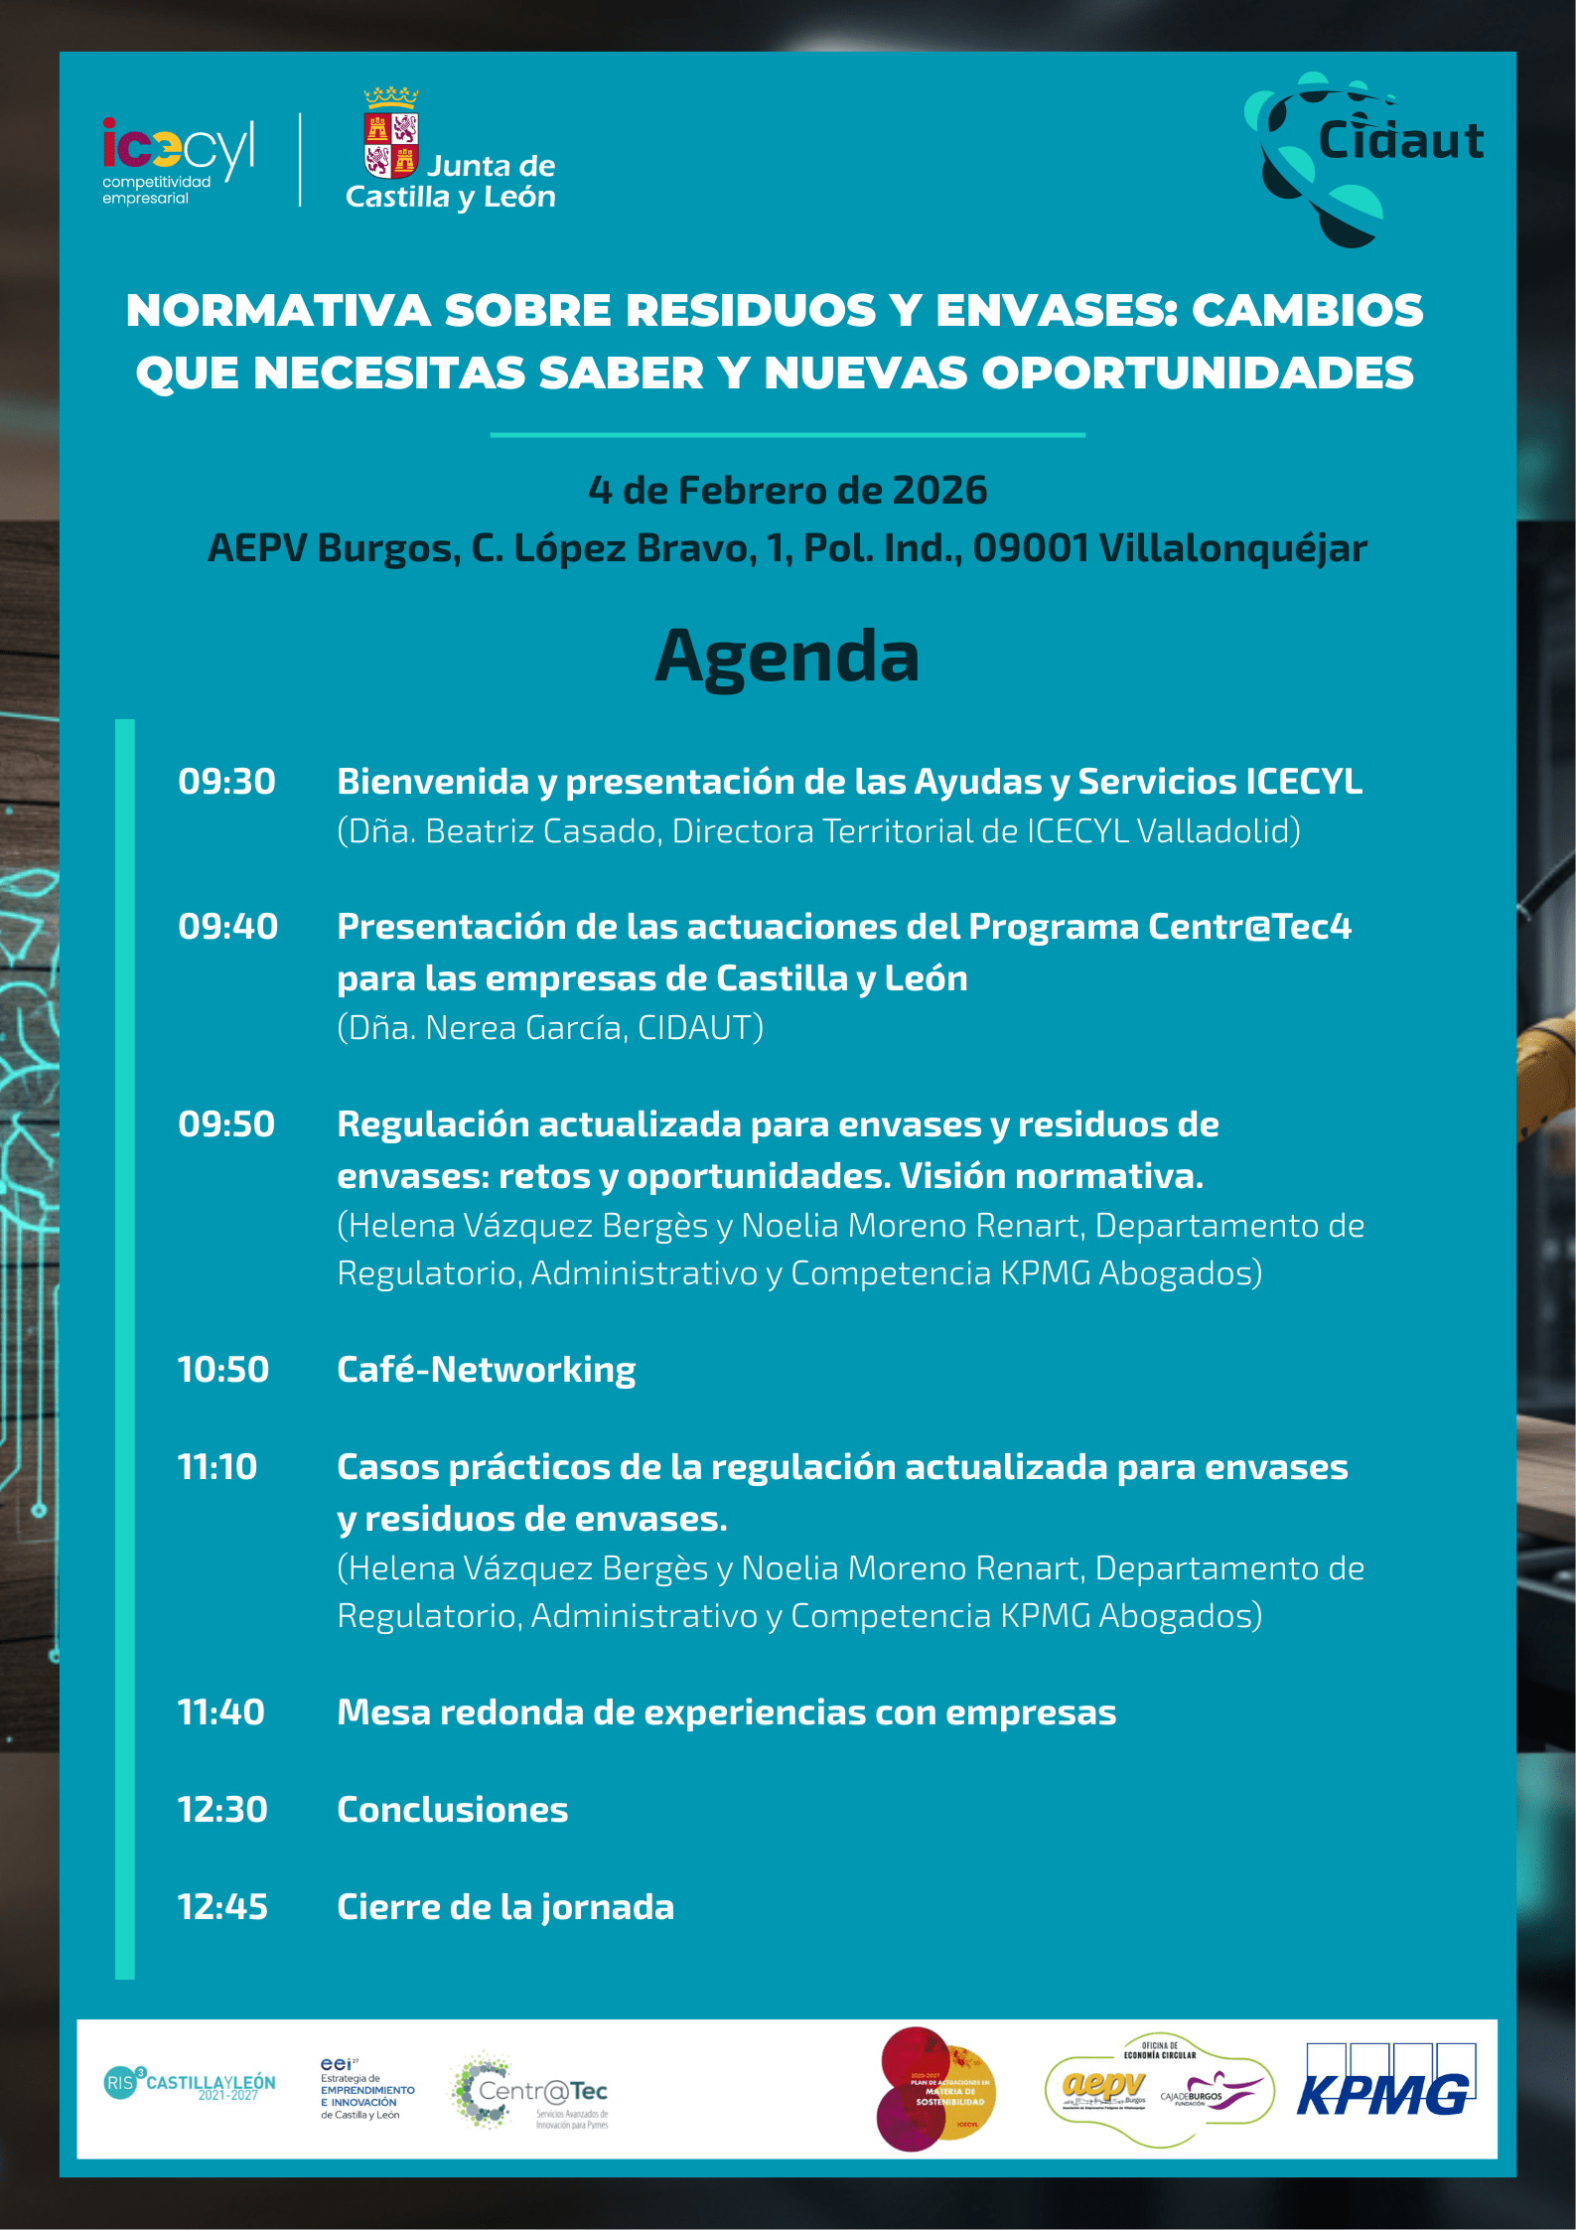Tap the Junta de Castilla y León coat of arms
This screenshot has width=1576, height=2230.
[391, 134]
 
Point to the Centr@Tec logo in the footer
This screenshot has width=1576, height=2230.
[531, 2091]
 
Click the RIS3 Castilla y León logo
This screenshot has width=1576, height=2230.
[190, 2082]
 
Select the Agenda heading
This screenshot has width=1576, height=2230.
[787, 657]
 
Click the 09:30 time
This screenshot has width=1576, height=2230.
[226, 782]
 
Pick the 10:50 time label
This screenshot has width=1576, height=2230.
[223, 1370]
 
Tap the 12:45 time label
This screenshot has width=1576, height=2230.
[223, 1907]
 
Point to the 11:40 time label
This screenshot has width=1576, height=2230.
[221, 1712]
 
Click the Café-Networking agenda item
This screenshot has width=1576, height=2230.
[486, 1370]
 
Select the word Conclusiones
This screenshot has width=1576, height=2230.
[453, 1810]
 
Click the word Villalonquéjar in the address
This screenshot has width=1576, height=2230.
[1232, 548]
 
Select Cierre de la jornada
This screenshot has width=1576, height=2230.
[505, 1907]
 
